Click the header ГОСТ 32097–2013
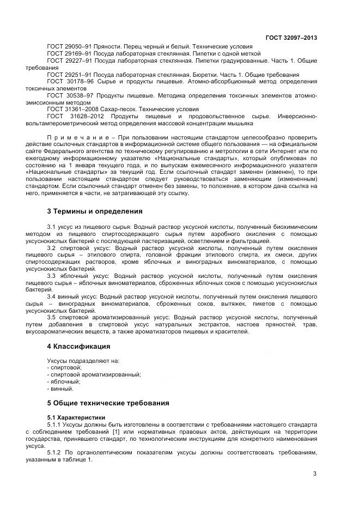291,38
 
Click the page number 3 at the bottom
315,474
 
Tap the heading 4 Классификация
78,346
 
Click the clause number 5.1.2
56,452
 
